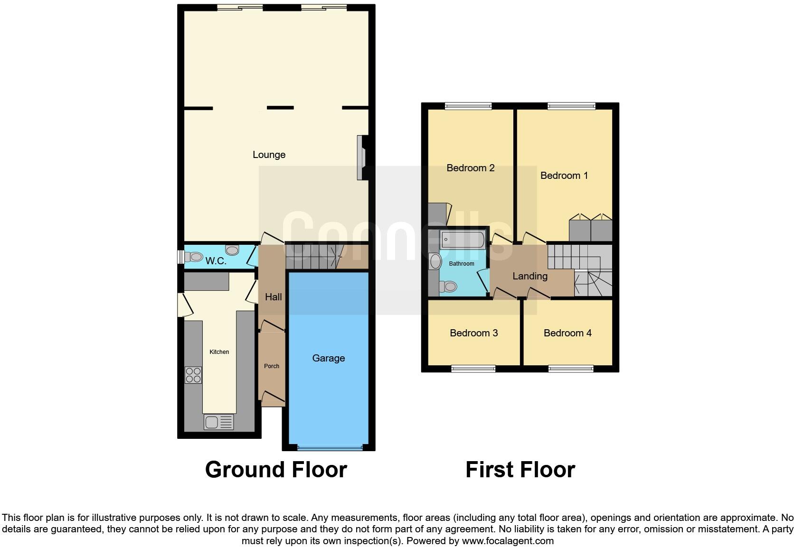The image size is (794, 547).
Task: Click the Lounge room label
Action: pos(269,155)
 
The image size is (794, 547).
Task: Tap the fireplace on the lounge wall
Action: pos(361,158)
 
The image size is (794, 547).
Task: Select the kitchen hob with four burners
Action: pos(193,375)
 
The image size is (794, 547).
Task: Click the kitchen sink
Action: pos(218,422)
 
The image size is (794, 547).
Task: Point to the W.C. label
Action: pos(216,261)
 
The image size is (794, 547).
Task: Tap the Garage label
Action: pos(328,358)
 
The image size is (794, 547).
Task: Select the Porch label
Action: pos(272,366)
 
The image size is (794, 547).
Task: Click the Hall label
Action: pos(273,297)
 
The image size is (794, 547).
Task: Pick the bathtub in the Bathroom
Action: pos(462,240)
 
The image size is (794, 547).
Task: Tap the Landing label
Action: pos(529,276)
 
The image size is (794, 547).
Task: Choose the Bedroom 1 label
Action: pos(564,176)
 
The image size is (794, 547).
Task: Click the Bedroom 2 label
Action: pos(470,168)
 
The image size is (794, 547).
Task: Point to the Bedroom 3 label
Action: pos(473,333)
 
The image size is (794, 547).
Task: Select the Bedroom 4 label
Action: pos(567,333)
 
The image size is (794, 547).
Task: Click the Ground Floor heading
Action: pos(276,470)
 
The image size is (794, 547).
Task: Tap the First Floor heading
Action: pos(520,470)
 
